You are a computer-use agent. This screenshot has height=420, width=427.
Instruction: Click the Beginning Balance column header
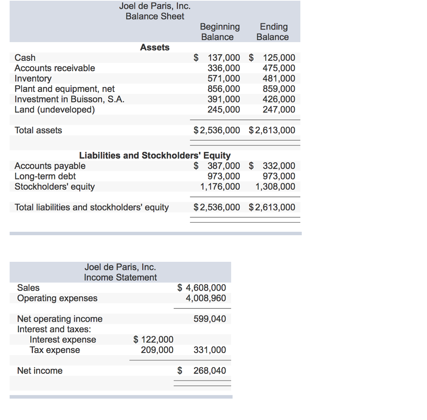click(x=220, y=32)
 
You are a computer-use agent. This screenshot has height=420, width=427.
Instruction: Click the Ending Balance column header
click(x=273, y=32)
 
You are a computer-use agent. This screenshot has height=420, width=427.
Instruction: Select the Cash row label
click(x=25, y=58)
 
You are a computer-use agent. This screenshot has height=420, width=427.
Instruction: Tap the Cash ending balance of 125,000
click(x=279, y=58)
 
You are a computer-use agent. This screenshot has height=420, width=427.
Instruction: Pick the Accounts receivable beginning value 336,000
click(x=224, y=68)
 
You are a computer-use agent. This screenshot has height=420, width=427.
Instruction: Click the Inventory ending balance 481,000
click(x=279, y=79)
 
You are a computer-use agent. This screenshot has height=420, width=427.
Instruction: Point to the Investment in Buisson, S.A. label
click(x=69, y=99)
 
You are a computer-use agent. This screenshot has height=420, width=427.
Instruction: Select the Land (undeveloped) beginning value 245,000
click(x=224, y=109)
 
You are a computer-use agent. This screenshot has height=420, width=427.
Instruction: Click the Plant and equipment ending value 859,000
click(x=279, y=89)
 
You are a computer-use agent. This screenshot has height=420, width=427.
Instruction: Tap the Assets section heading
click(x=155, y=47)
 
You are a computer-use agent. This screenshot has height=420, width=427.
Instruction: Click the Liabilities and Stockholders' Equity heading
click(x=155, y=156)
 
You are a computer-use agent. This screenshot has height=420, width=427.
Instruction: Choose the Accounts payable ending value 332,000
click(x=279, y=166)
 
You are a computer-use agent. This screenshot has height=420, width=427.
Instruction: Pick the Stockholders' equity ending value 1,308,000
click(x=275, y=187)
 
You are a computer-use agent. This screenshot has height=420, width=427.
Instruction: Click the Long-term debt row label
click(x=45, y=176)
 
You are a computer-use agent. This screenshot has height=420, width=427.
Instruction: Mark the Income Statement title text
click(x=120, y=278)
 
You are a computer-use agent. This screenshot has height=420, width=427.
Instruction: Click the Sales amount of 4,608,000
click(x=206, y=288)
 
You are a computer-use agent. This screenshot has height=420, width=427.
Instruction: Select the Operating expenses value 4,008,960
click(x=206, y=298)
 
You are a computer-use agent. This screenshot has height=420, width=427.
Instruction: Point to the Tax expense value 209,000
click(x=157, y=350)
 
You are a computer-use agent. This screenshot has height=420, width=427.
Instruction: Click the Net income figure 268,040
click(x=210, y=371)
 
